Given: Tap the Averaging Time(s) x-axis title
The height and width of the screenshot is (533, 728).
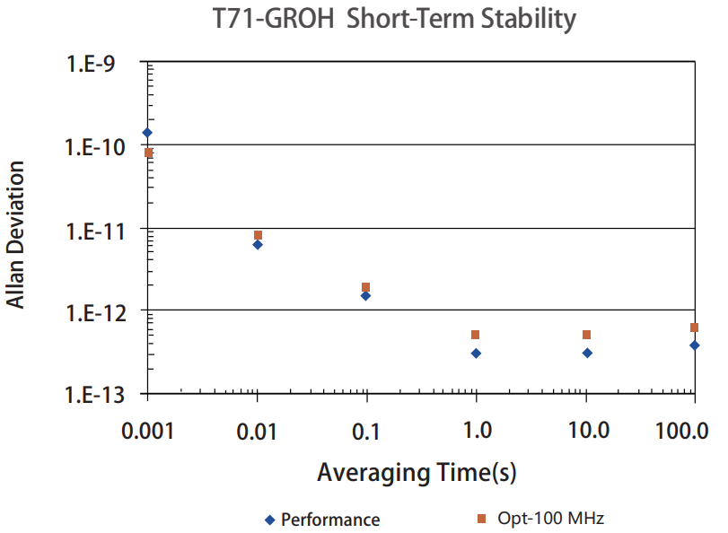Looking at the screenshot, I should tap(416, 473).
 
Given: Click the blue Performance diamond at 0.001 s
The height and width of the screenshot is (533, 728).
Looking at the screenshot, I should tap(147, 133).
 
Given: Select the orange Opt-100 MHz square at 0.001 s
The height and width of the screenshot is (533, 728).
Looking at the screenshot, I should tap(148, 153).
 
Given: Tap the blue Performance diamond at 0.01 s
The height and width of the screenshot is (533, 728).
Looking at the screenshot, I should tap(258, 244).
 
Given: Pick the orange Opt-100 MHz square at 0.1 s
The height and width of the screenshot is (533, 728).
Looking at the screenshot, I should tap(366, 287).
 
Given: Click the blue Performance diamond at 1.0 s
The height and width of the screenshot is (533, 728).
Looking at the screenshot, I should tap(476, 354).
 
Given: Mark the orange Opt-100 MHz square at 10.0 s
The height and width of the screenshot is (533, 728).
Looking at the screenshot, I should tap(586, 335).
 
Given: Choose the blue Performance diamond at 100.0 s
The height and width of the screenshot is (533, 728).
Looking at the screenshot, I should tap(695, 345).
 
